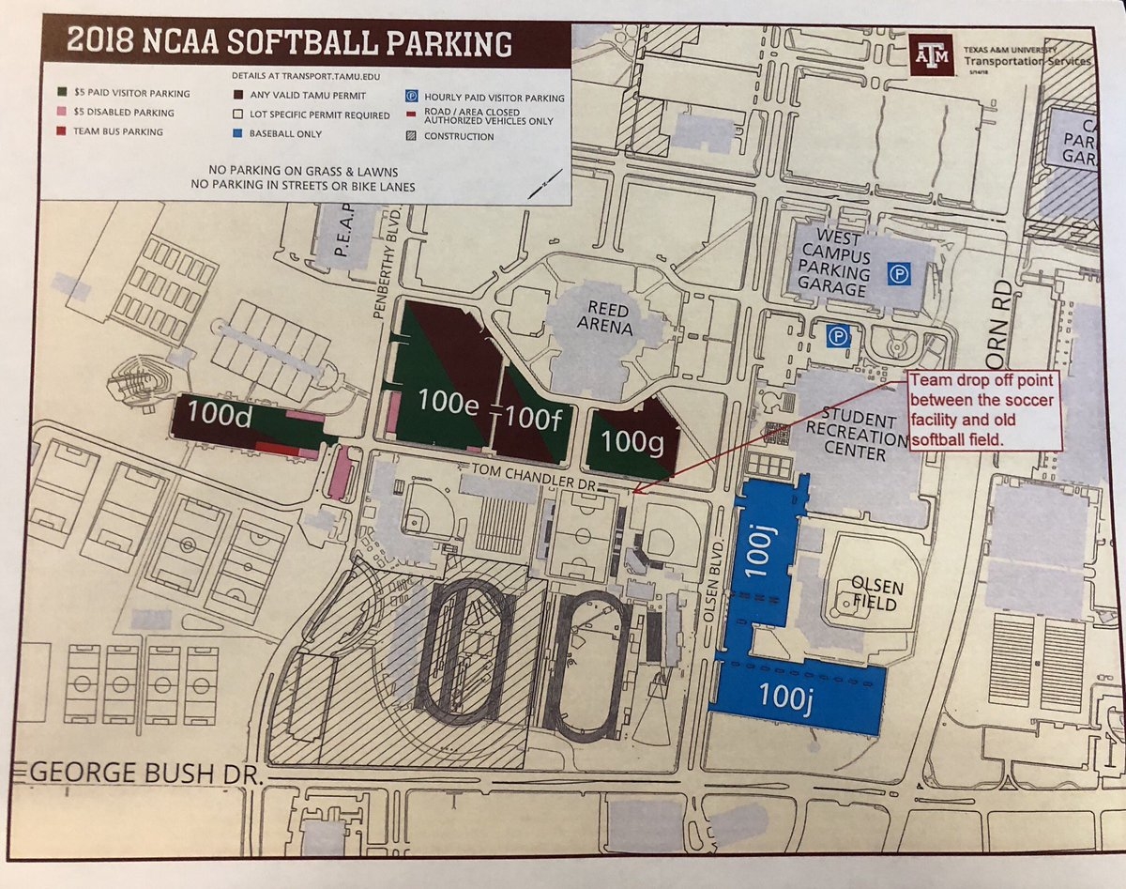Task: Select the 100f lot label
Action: tap(533, 418)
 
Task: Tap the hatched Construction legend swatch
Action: tap(411, 136)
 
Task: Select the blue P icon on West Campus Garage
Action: tap(897, 274)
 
